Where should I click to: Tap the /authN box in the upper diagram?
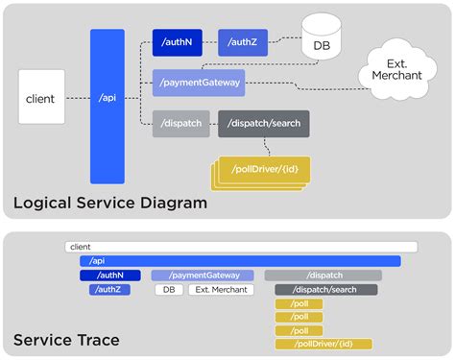tap(180, 42)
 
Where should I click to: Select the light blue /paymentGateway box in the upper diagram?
tap(198, 83)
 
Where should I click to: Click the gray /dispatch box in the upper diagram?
tap(180, 124)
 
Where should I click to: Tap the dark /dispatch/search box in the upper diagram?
tap(262, 124)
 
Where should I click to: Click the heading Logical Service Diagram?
tap(109, 204)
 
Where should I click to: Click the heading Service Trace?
tap(64, 339)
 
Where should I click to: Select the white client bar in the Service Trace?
tap(241, 247)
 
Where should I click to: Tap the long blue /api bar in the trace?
tap(240, 261)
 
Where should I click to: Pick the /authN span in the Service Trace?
tap(109, 276)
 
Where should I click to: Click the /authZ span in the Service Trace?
tap(109, 289)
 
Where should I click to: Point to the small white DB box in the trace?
tap(169, 289)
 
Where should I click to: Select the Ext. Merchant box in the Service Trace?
tap(221, 289)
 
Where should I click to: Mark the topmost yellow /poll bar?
tap(299, 303)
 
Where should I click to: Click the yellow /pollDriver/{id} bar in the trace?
tap(323, 344)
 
